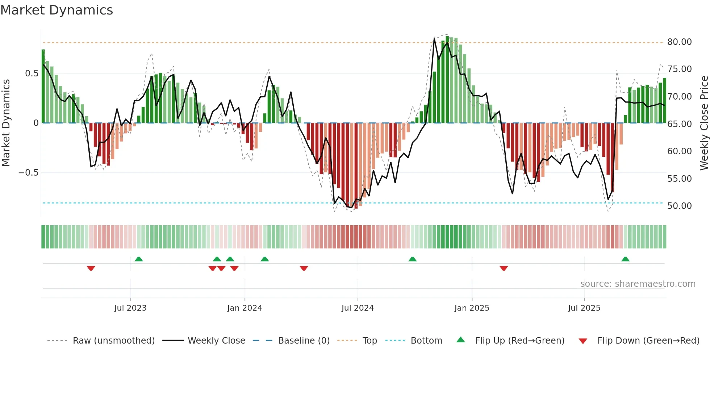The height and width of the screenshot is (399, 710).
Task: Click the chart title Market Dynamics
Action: (x=57, y=10)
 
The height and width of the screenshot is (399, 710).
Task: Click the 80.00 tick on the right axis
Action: (x=679, y=42)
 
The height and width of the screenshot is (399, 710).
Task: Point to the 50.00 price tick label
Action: (x=679, y=206)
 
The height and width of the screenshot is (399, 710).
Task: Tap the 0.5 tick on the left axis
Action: (x=32, y=73)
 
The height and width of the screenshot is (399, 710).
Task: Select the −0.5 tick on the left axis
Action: (x=29, y=173)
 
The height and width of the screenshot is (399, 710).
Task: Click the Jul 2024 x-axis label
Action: (x=357, y=308)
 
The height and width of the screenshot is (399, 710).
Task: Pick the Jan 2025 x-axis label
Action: (x=472, y=308)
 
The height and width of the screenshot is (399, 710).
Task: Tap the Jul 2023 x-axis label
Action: (x=130, y=308)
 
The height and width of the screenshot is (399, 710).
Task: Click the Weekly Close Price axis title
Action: (x=704, y=123)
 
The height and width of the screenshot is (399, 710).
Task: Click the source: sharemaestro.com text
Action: (x=638, y=284)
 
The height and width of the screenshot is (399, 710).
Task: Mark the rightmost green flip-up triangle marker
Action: (x=625, y=259)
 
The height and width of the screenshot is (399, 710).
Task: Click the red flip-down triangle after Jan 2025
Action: (x=504, y=268)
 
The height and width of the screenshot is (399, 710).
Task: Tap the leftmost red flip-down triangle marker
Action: (x=91, y=268)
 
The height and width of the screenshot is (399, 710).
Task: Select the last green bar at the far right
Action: (x=664, y=101)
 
